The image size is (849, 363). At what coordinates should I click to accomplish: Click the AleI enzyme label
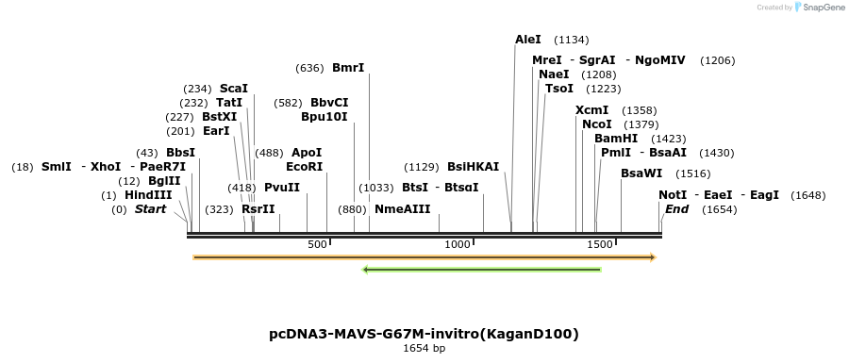coord(528,40)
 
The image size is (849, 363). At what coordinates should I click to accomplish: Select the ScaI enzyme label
coord(234,88)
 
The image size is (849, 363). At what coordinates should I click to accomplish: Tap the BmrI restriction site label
coord(348,68)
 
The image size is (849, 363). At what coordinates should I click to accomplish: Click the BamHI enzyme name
coord(616,138)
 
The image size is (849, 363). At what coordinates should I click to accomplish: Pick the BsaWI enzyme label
coord(641,173)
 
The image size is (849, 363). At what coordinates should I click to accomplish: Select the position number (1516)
coord(693,173)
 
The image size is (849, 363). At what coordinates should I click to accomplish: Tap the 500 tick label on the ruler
coord(318,244)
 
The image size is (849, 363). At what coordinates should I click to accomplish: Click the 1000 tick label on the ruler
coord(457,244)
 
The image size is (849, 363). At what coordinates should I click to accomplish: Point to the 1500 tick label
coord(600,244)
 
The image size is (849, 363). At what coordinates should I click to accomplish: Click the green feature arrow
coord(482,270)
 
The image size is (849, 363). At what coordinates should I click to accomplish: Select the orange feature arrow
coord(424,256)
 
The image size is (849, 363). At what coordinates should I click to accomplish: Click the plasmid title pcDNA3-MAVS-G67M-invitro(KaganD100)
coord(424,334)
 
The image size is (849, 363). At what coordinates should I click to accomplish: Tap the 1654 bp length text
coord(424,349)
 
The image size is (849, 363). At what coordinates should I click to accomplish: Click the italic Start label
coord(150,209)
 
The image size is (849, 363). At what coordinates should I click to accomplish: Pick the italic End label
coord(676,209)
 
